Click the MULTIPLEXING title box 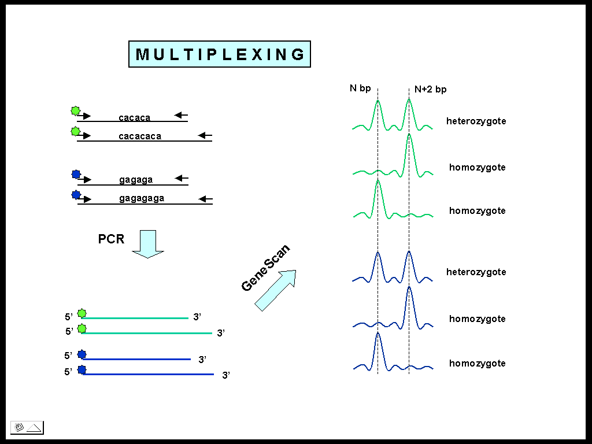[x=219, y=54]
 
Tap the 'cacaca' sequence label [x=134, y=118]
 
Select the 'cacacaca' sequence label [x=139, y=136]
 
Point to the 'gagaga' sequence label [x=136, y=180]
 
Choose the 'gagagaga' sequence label [x=142, y=198]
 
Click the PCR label [x=111, y=239]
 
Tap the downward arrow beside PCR [x=148, y=243]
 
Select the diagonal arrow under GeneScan [x=275, y=290]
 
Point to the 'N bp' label [x=360, y=88]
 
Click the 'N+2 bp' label [x=431, y=90]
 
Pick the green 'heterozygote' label [x=476, y=121]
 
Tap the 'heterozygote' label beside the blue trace [x=476, y=272]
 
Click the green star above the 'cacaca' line [x=75, y=110]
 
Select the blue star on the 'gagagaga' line [x=76, y=195]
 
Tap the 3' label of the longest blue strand [x=226, y=376]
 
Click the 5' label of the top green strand [x=68, y=317]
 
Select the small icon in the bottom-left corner [x=27, y=428]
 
